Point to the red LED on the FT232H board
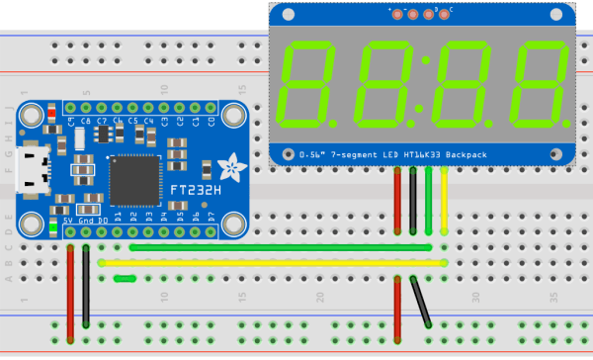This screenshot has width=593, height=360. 51,114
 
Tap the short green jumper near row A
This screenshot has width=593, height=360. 126,279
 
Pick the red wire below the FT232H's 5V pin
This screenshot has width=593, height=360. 70,292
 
